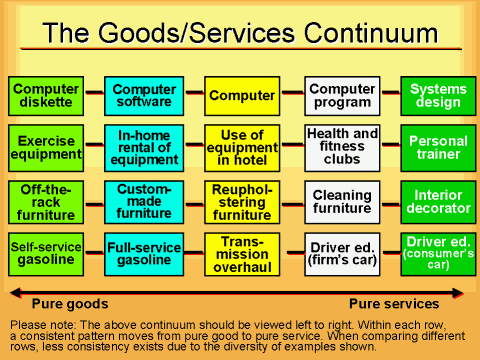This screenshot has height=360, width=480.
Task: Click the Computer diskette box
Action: tap(45, 96)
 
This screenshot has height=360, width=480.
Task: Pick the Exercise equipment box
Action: tap(45, 147)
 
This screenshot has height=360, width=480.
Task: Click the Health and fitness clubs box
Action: tap(341, 147)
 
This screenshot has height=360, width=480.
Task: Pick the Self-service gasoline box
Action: tap(45, 253)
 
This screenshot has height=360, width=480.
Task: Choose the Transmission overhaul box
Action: tap(241, 253)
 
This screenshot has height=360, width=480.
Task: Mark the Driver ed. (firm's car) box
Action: tap(341, 253)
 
